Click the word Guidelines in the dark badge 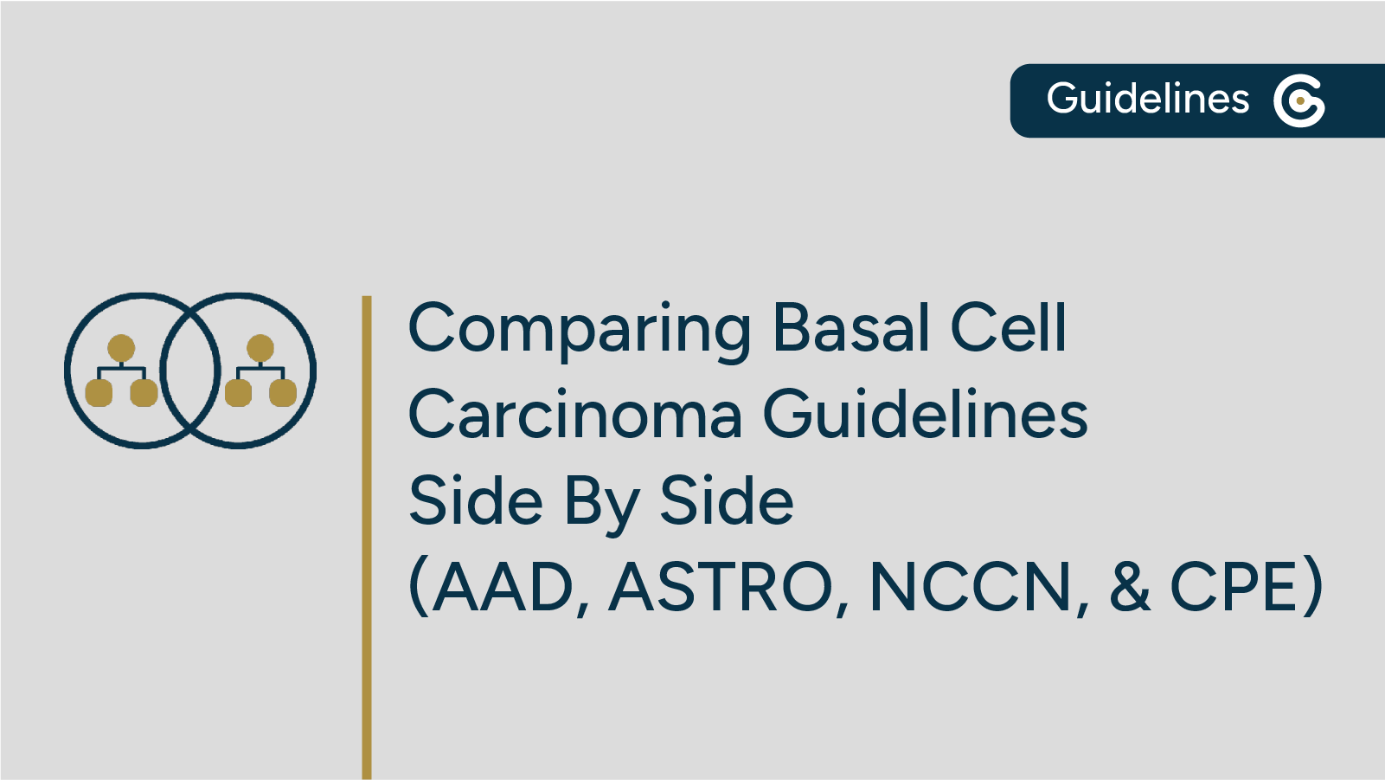(x=1147, y=99)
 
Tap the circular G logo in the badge (x=1298, y=100)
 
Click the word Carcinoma (x=574, y=415)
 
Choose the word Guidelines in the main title (x=925, y=415)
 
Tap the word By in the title (x=601, y=503)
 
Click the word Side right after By (x=727, y=501)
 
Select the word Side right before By (x=476, y=501)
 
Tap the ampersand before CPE (x=1130, y=588)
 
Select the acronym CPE (x=1234, y=588)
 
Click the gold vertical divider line (x=367, y=537)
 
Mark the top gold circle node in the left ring (x=121, y=348)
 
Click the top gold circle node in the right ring (x=260, y=348)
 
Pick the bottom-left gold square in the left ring (x=99, y=393)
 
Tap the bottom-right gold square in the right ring (x=283, y=393)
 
